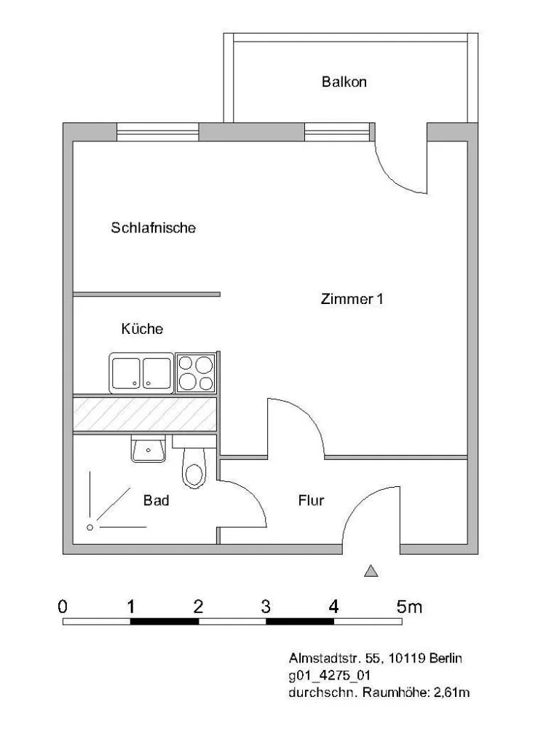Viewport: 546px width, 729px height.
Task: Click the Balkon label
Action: [x=344, y=82]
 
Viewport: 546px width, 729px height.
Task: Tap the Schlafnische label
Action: [x=153, y=227]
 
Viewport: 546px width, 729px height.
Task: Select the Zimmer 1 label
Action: [x=352, y=298]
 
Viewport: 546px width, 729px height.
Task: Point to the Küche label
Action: [x=142, y=329]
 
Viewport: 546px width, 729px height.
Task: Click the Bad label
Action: [x=156, y=500]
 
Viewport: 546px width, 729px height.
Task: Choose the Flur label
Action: [x=311, y=500]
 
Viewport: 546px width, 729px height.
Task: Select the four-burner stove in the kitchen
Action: [x=196, y=373]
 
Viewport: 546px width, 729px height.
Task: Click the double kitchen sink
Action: [x=141, y=373]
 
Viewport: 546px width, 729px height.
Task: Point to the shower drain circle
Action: [x=90, y=527]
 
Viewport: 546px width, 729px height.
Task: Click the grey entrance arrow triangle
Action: [x=371, y=571]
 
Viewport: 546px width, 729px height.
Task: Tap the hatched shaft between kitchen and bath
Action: [x=145, y=414]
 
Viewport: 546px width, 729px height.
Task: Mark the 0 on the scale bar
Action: [x=62, y=607]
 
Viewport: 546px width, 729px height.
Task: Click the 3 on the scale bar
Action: [x=266, y=607]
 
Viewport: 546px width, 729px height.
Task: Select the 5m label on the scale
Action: [x=409, y=607]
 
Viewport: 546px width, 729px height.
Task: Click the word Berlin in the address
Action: [x=446, y=658]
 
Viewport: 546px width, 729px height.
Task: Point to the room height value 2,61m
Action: [x=451, y=693]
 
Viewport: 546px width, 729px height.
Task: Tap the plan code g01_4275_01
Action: [x=329, y=676]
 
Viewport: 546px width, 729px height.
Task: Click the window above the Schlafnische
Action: [x=157, y=132]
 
